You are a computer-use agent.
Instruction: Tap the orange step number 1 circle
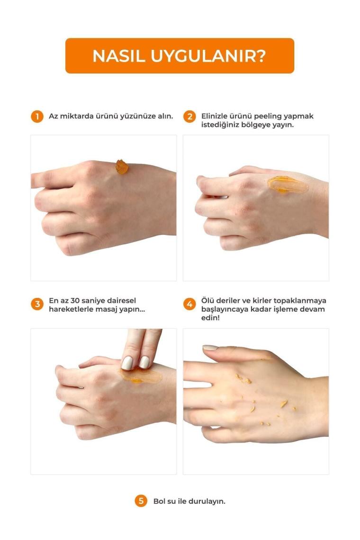tap(37, 117)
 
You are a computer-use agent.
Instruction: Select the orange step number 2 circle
tap(189, 117)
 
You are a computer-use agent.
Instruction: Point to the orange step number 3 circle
tap(37, 305)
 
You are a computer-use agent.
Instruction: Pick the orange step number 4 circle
tap(189, 305)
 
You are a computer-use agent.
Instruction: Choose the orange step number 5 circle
tap(141, 501)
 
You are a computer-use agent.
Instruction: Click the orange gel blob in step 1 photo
tap(122, 167)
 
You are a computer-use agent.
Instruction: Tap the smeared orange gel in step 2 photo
tap(288, 184)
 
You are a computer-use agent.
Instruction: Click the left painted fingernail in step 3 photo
tap(127, 363)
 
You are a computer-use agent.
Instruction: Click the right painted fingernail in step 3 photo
tap(144, 362)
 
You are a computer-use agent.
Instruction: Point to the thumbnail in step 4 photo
tap(210, 348)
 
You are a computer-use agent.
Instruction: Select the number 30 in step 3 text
tap(75, 301)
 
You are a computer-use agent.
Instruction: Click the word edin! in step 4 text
tap(210, 317)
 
